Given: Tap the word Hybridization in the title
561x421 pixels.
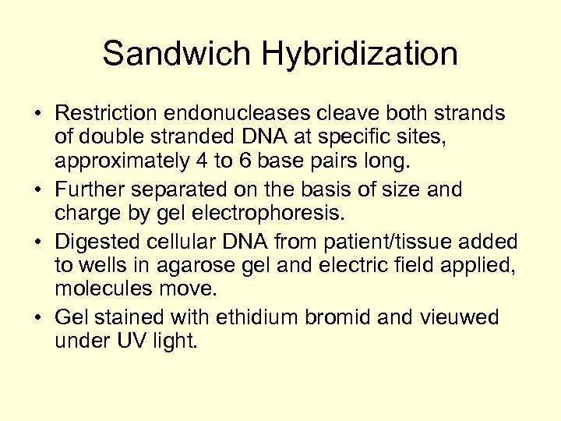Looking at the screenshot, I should [360, 55].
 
